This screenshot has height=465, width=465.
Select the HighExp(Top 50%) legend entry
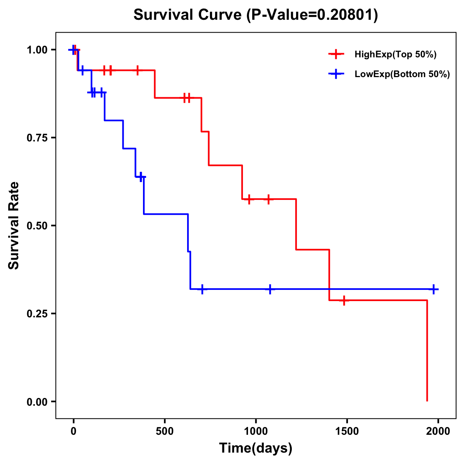[x=395, y=54]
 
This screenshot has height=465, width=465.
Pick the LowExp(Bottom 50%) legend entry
[x=402, y=74]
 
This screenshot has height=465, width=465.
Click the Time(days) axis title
[x=256, y=448]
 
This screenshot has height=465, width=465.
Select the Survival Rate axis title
[x=14, y=226]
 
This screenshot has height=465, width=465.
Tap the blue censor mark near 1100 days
[x=270, y=289]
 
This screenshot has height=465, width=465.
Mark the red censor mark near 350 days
[x=138, y=70]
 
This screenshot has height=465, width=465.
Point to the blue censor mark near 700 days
[x=202, y=289]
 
